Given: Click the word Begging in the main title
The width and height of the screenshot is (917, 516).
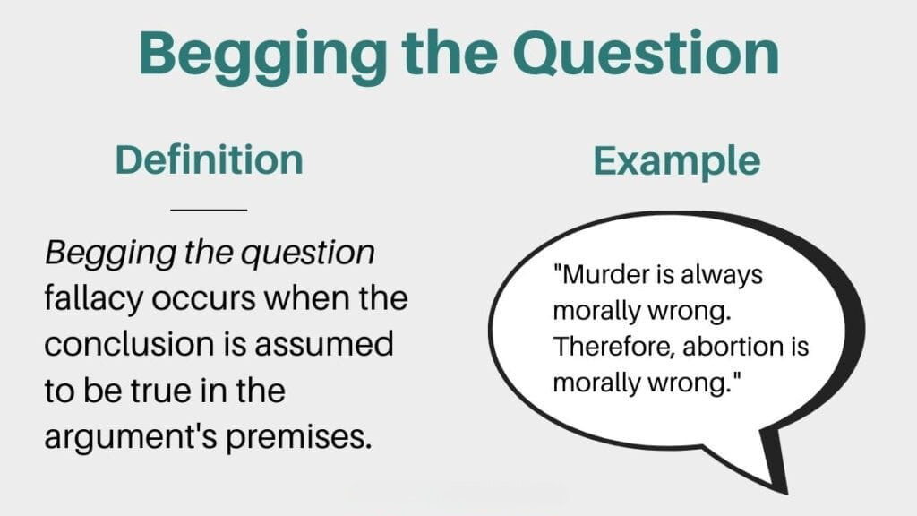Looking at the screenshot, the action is point(262,56).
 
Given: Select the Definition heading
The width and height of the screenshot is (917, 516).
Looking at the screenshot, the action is point(210,159).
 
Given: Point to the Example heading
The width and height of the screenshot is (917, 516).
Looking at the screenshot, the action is point(677,162).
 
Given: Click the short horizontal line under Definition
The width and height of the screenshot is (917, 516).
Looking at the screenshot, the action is point(209,209).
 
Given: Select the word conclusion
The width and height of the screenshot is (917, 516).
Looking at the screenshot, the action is point(130,344).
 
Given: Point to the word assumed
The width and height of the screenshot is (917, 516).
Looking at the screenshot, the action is point(323,344).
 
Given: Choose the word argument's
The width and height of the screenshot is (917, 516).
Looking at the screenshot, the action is point(131,437).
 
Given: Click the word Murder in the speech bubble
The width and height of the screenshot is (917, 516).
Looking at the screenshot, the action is point(601,274).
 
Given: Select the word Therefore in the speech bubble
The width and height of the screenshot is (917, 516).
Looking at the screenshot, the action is point(614,347).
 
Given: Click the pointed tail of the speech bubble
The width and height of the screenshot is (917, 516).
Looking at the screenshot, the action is point(784,490).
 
